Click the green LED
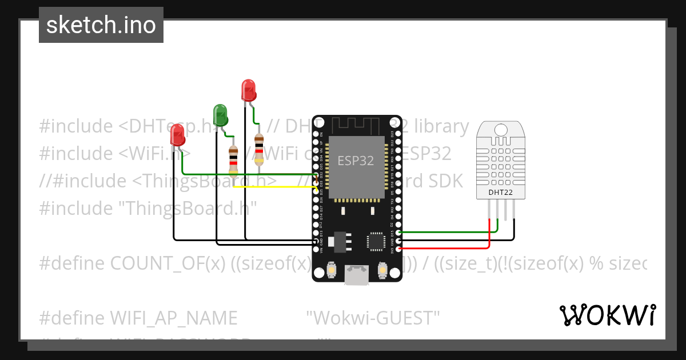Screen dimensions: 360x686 coord(220,115)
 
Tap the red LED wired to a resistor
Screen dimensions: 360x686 coord(248,90)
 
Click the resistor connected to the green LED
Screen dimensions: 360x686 coord(233,160)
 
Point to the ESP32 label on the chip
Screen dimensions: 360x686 coord(356,161)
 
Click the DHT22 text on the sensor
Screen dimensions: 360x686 coord(500,193)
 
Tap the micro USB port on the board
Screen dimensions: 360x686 coord(357,275)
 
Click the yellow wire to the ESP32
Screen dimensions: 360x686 coord(274,186)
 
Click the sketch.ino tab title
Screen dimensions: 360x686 coord(101,25)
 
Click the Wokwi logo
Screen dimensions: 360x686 coord(607,315)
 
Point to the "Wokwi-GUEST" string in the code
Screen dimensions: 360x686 coord(373,317)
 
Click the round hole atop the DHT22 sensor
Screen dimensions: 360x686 coord(501,129)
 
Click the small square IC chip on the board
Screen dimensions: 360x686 coord(376,241)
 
